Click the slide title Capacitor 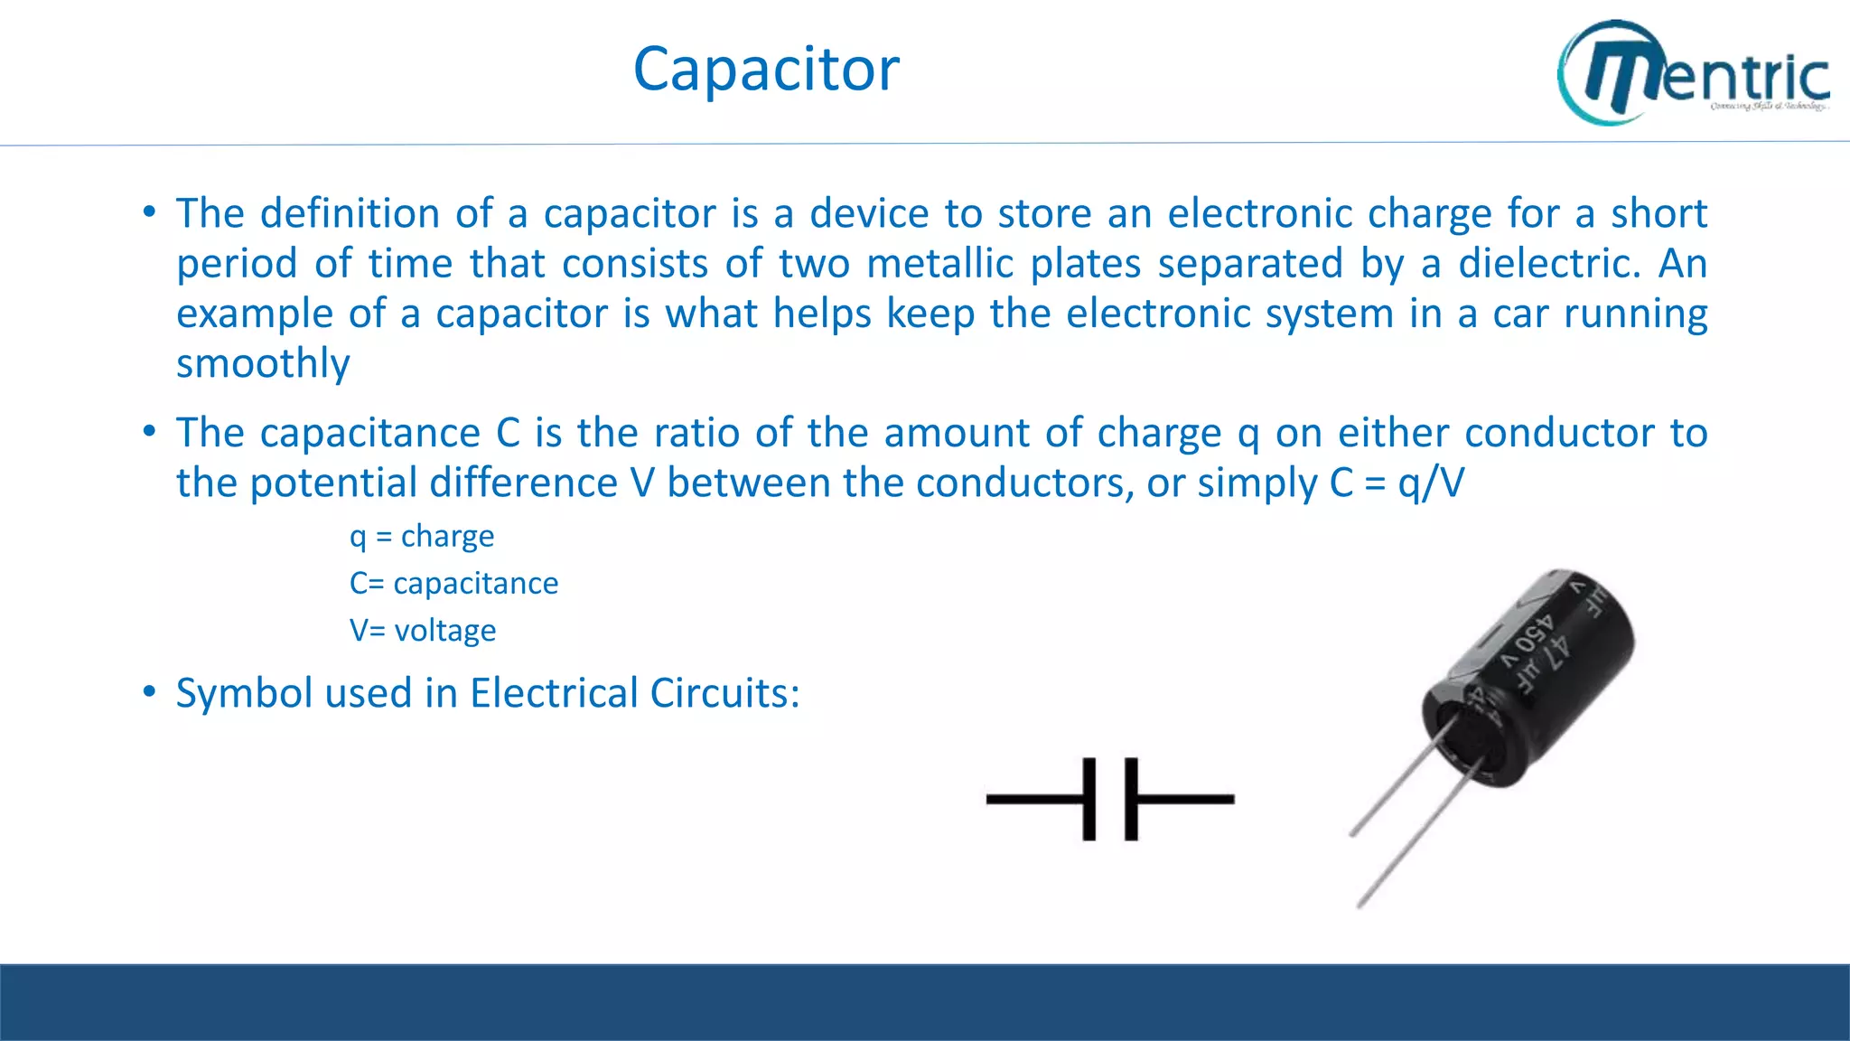[x=766, y=70]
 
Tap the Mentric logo [x=1693, y=72]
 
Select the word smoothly [x=263, y=363]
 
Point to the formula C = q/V [x=1397, y=483]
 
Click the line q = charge [x=422, y=536]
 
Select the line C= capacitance [x=453, y=583]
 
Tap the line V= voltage [x=423, y=630]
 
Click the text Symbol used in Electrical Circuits [x=488, y=693]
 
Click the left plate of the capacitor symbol [x=1089, y=799]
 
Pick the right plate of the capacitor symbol [x=1131, y=799]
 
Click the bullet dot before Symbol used [x=149, y=692]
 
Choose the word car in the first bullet [x=1520, y=314]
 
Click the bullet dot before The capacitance [x=149, y=432]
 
